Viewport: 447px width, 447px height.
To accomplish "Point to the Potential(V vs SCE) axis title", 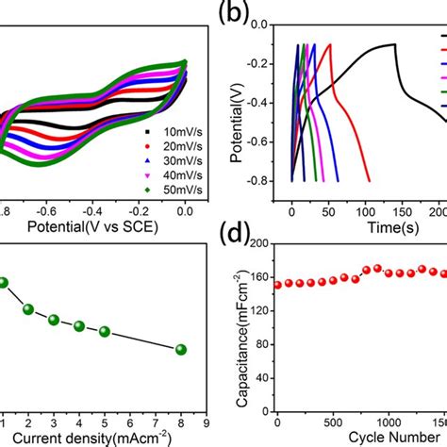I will click(91, 227).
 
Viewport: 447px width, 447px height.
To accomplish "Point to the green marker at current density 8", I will click(181, 349).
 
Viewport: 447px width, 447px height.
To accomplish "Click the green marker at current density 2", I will click(28, 309).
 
